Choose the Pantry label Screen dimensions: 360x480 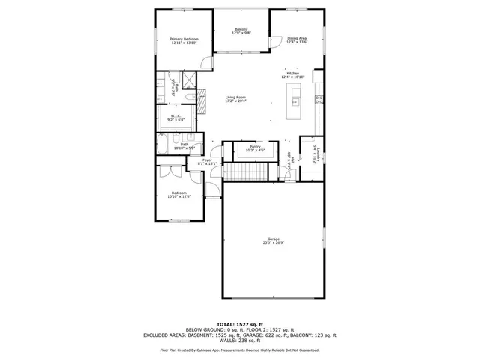255,147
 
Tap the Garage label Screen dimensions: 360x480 273,238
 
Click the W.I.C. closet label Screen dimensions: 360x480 175,116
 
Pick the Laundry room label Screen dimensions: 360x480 315,154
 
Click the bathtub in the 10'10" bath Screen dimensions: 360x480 163,145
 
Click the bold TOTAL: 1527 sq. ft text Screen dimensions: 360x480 239,323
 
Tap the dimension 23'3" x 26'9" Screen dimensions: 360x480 273,242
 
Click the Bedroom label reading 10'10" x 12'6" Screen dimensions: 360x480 180,196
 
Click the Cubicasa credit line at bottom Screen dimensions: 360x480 239,349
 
